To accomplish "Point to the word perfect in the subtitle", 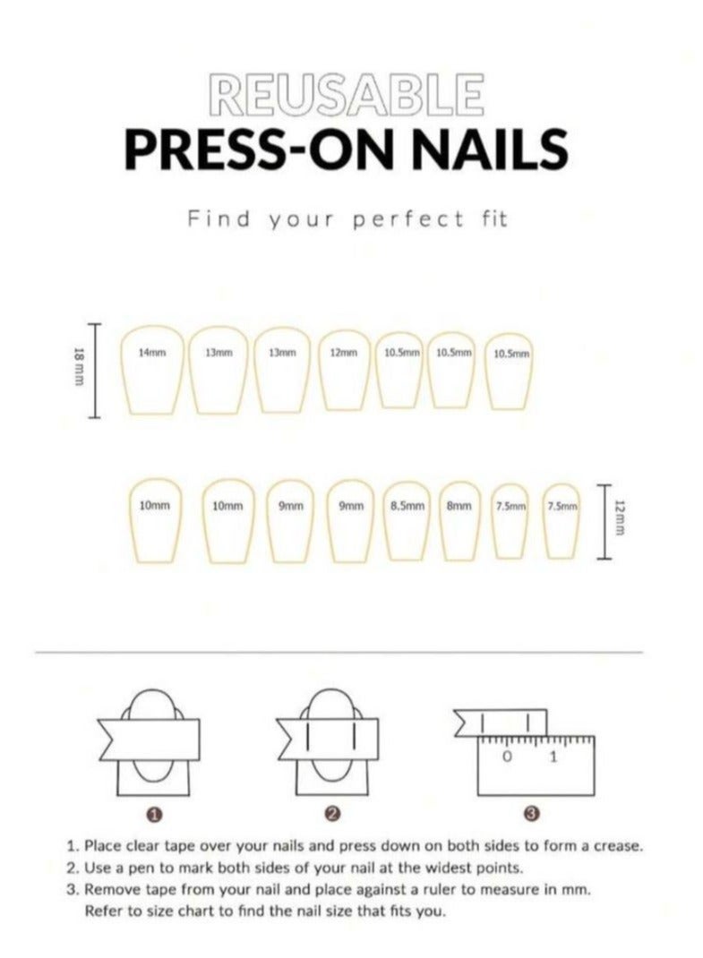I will pos(410,218).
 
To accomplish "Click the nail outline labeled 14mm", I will pos(150,369).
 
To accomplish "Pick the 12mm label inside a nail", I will pos(343,353).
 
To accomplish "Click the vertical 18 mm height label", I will pos(78,369).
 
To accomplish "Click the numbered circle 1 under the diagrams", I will pos(153,814).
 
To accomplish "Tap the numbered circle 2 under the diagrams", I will pos(332,814).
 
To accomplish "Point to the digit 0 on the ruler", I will pos(507,758).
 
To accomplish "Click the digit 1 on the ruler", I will pos(553,758).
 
